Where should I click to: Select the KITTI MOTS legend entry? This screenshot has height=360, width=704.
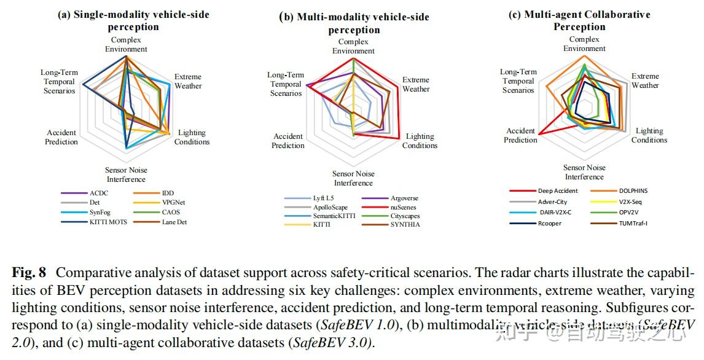[108, 222]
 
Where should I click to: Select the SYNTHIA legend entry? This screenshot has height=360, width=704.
[405, 224]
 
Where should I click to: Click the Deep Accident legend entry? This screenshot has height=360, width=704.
[557, 191]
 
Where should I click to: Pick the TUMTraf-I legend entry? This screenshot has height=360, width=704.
[633, 223]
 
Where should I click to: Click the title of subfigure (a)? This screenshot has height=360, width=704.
[133, 21]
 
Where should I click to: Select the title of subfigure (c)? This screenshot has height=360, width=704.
[579, 20]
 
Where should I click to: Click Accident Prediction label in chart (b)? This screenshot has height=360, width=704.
[287, 141]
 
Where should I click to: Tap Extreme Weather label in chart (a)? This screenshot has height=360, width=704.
[187, 81]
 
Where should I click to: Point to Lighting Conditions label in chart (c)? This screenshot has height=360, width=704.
[649, 135]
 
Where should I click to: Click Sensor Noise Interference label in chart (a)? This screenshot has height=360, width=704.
[126, 174]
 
